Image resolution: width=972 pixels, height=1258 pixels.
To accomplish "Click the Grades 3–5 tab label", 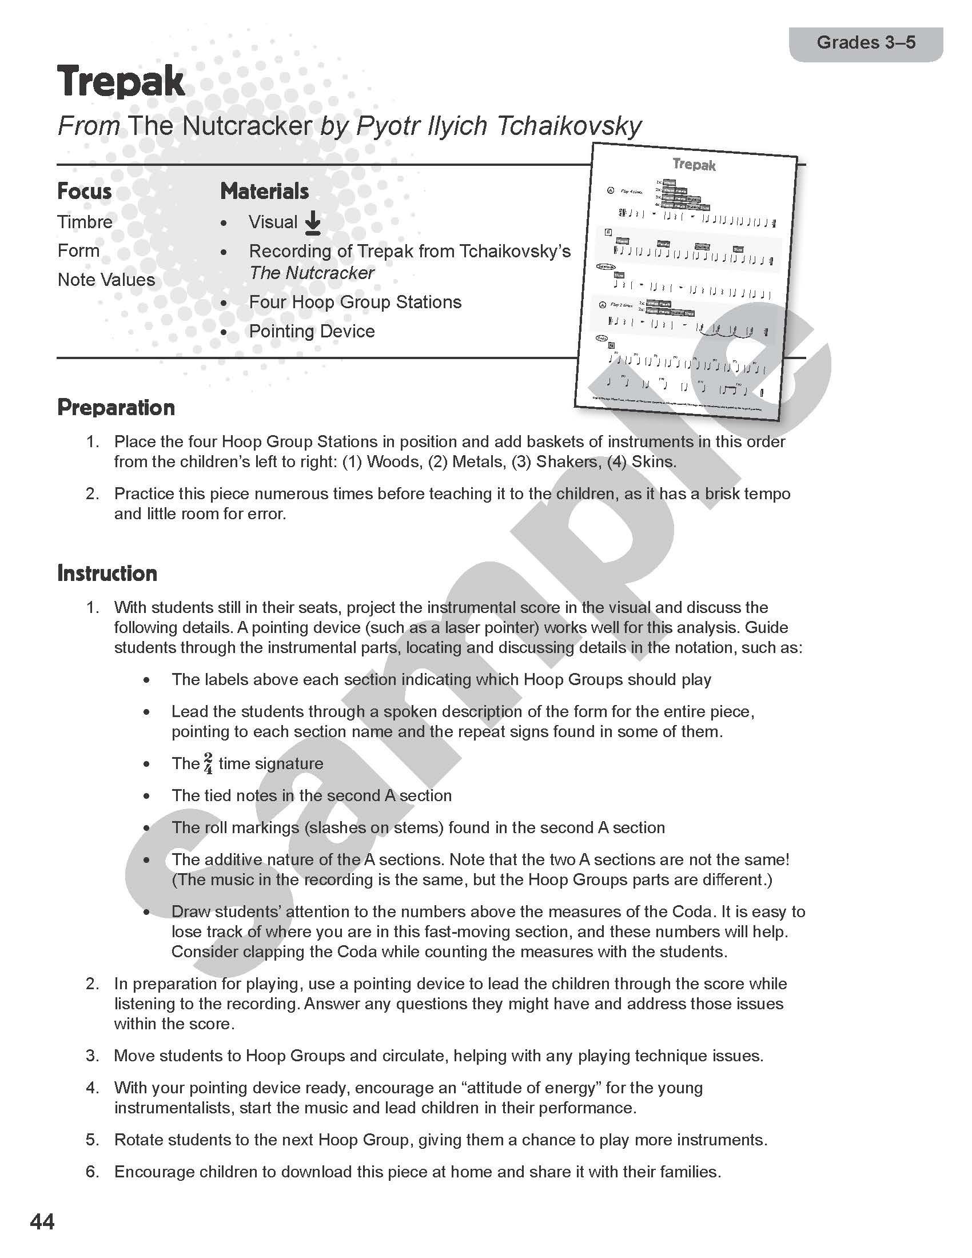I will coord(866,43).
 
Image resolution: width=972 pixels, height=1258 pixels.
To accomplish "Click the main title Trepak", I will coord(121,82).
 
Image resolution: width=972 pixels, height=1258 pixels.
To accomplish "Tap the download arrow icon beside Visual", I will coord(313,223).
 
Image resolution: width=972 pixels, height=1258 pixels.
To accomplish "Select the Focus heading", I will coord(84,191).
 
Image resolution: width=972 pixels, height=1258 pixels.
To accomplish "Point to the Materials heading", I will coord(264,191).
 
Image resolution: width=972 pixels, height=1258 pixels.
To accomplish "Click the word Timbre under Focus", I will coord(85,222).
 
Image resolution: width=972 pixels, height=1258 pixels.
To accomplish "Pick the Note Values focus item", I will coord(106,280).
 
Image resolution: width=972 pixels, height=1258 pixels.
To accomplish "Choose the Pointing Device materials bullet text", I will coord(312,331).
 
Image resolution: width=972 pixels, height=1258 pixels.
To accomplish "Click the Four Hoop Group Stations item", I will coord(354,302).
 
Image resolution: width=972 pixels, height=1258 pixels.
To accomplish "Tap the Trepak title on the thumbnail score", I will coord(694,165).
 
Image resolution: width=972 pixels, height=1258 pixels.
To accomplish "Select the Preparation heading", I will coord(115,408).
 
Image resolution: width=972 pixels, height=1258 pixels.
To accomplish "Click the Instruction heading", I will coord(107,574).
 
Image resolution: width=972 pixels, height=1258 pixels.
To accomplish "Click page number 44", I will coord(42,1222).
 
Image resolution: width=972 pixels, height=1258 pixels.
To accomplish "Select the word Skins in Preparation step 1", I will coord(653,462).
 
